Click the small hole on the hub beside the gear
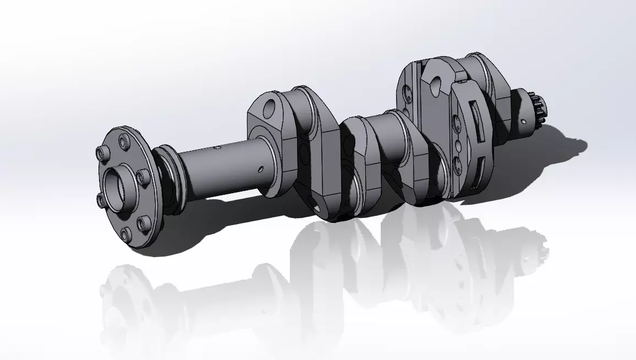(523, 118)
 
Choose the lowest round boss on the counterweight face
(457, 162)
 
